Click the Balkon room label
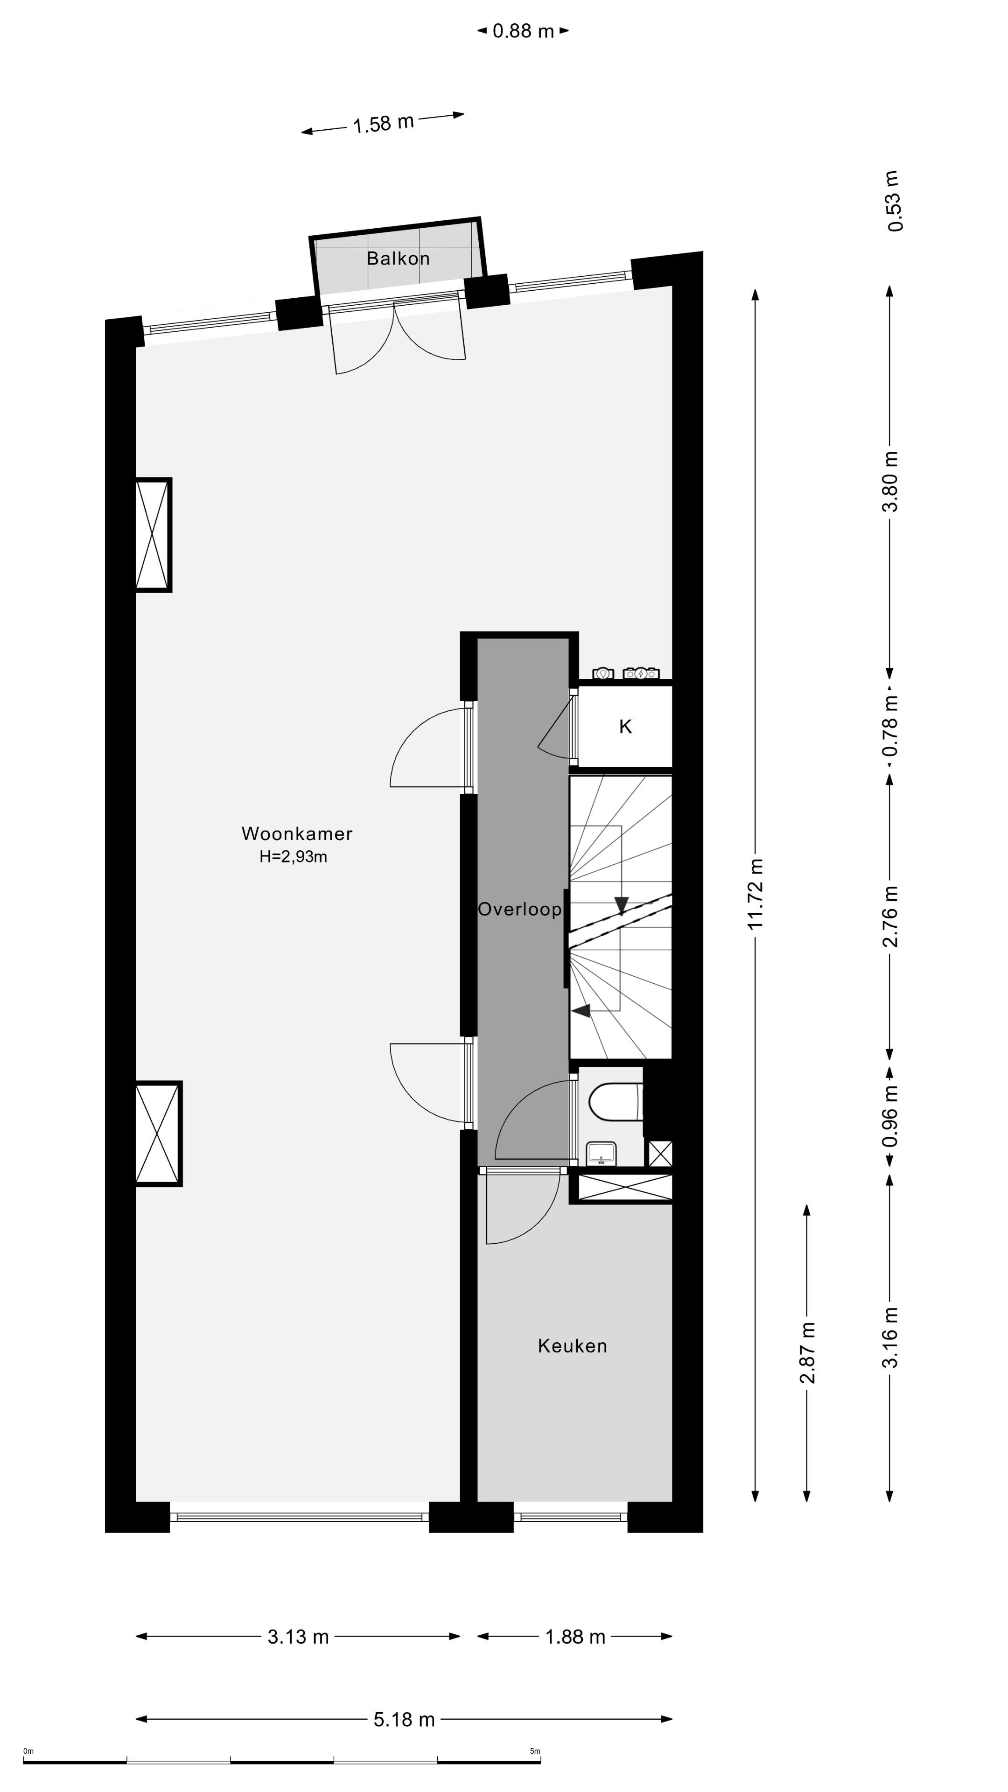point(398,259)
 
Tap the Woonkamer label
point(297,833)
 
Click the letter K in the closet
point(625,727)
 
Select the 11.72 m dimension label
point(756,894)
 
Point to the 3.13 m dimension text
point(298,1637)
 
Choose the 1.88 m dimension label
point(574,1637)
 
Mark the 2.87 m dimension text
point(807,1352)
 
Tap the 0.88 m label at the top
point(523,31)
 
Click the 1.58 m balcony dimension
point(383,124)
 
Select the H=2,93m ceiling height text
point(293,857)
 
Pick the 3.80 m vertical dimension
point(890,482)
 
